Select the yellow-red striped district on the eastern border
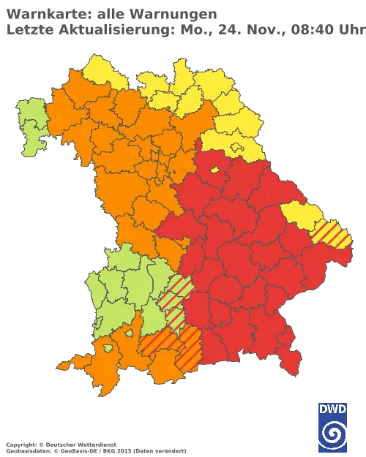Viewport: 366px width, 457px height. click(x=333, y=235)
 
